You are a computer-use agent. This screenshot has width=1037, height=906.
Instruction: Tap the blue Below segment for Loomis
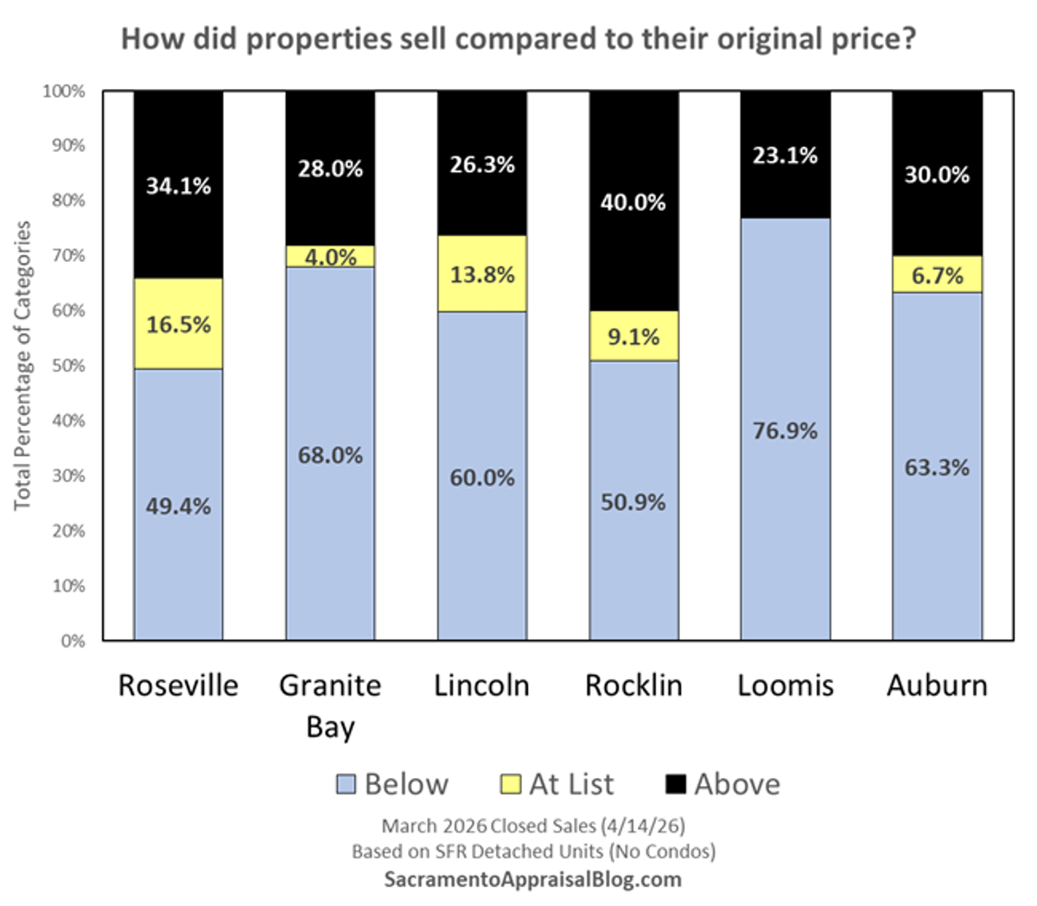[x=786, y=519]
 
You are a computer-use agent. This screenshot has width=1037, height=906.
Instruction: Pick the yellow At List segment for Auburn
[x=938, y=275]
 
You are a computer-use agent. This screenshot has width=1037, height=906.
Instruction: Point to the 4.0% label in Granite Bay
[x=330, y=257]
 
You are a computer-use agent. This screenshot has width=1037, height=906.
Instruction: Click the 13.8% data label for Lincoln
[x=482, y=275]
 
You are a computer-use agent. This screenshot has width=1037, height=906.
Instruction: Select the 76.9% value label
[x=786, y=431]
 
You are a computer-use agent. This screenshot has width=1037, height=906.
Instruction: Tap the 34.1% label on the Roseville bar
[x=178, y=186]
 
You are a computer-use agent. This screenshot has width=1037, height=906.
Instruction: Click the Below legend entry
[x=392, y=784]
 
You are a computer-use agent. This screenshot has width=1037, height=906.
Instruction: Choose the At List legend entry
[x=557, y=784]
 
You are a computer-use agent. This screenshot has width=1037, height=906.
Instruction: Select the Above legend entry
[x=723, y=784]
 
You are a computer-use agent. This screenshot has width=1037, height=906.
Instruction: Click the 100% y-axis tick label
[x=65, y=91]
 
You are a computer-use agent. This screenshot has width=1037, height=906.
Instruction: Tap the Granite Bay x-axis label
[x=330, y=705]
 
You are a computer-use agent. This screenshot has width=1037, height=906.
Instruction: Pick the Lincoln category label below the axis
[x=482, y=686]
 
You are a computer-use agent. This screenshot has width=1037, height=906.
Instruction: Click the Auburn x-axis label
[x=938, y=686]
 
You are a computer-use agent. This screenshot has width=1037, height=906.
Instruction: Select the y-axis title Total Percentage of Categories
[x=22, y=366]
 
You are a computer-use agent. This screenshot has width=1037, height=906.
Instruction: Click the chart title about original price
[x=518, y=40]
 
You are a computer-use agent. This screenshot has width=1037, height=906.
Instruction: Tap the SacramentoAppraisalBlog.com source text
[x=533, y=880]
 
